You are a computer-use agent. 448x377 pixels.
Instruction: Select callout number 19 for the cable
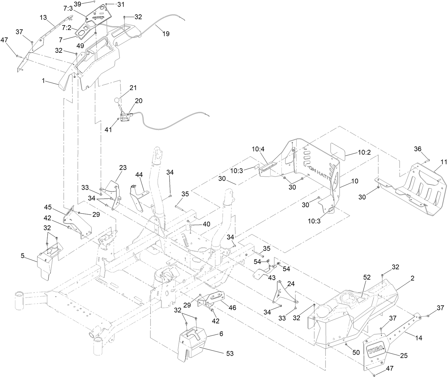pos(166,34)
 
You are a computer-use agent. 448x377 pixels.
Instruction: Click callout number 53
pos(230,354)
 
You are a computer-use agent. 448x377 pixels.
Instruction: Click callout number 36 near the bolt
pos(418,149)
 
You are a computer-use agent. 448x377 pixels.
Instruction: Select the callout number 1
pos(43,81)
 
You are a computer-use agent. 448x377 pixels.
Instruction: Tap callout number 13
pos(43,17)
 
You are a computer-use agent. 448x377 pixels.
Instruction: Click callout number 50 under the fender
pos(356,352)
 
